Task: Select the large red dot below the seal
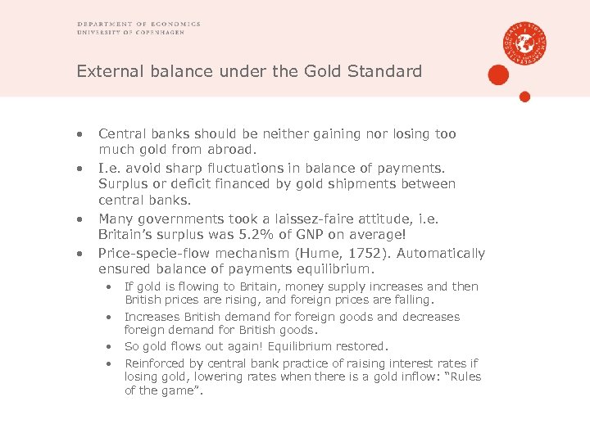pos(498,75)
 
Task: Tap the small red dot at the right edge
pos(525,97)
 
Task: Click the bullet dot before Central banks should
pos(80,134)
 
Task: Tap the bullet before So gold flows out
pos(107,346)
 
